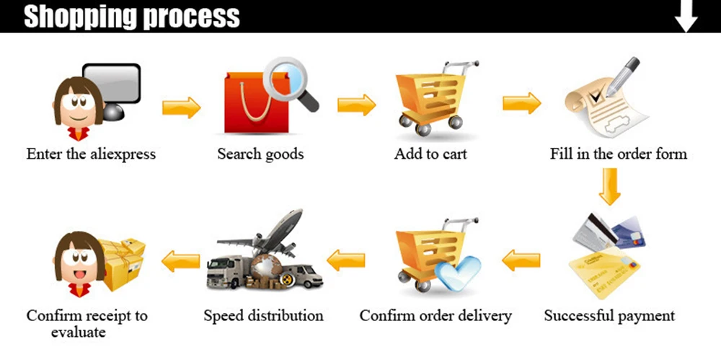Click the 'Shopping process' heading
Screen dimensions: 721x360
coord(132,16)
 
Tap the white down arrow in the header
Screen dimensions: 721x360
coord(686,16)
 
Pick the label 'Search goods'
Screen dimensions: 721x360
coord(260,154)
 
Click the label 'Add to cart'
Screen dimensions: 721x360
coord(430,154)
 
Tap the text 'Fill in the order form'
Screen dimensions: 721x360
coord(619,154)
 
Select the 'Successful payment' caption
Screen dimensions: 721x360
coord(609,315)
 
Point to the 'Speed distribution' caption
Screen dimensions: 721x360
coord(263,315)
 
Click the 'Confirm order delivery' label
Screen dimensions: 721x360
coord(435,315)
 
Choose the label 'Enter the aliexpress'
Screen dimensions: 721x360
coord(91,154)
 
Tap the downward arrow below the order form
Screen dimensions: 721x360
coord(609,186)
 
